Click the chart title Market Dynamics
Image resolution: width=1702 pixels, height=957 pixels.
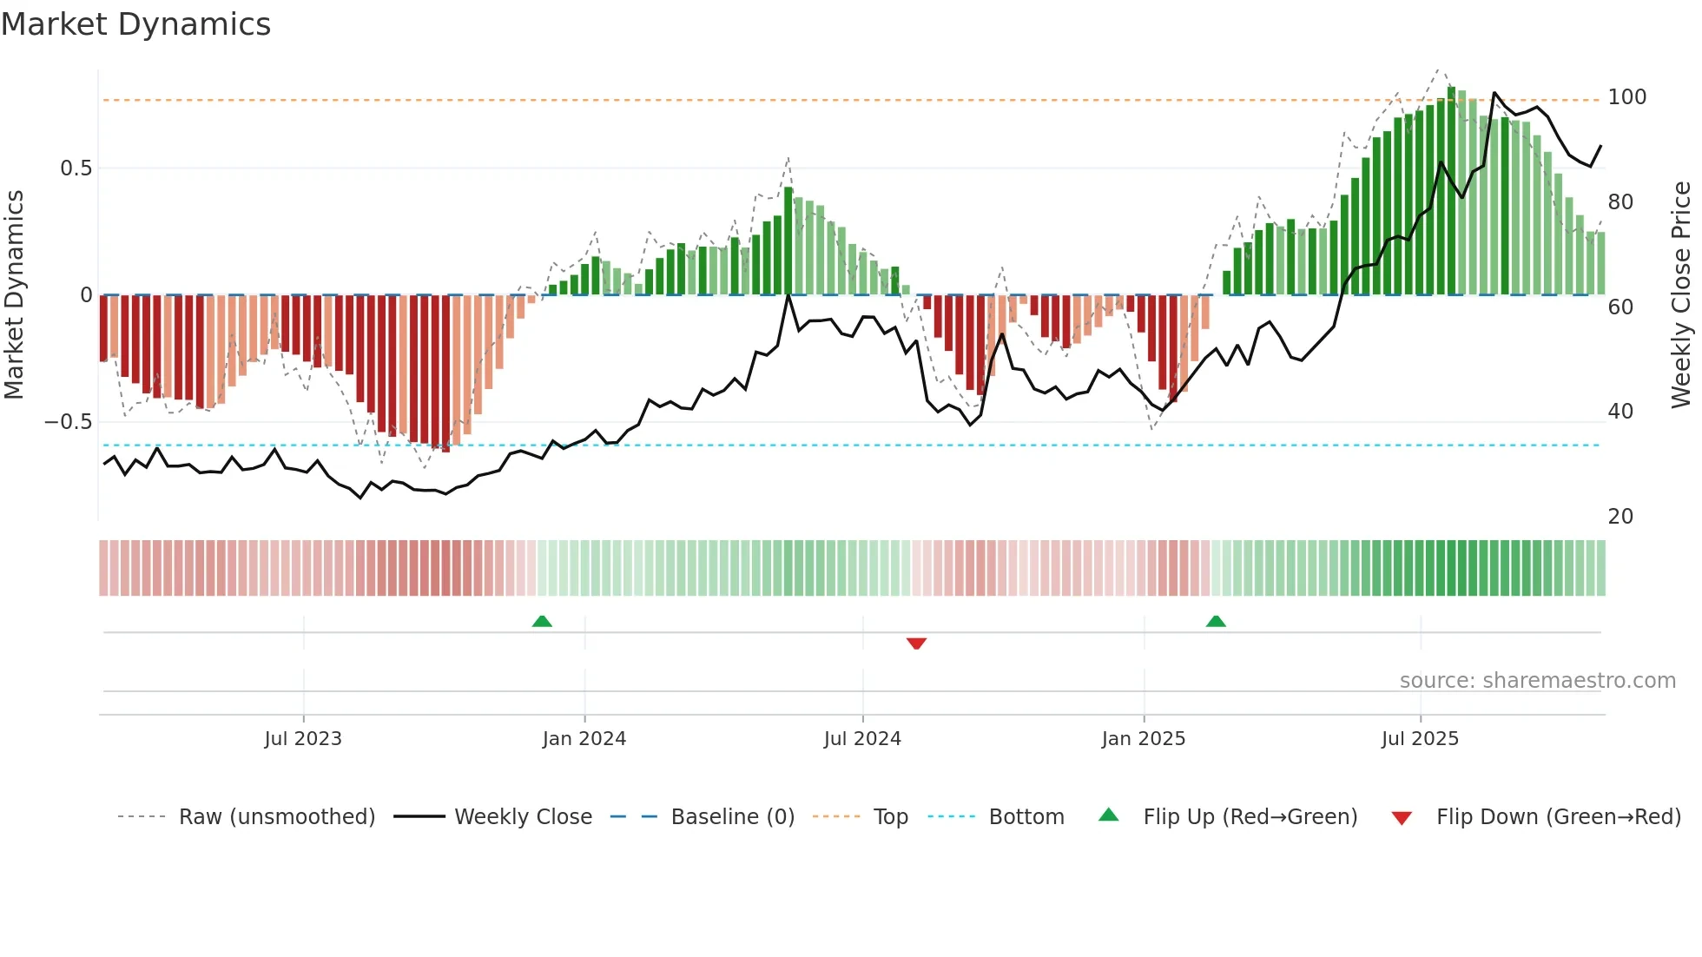(x=136, y=24)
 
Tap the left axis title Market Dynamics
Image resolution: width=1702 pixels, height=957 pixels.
(x=15, y=294)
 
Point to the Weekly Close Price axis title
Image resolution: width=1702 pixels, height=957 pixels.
(x=1681, y=294)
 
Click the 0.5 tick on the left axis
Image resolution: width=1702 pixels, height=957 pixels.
(x=76, y=168)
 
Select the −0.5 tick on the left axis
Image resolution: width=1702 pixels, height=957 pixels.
(x=69, y=422)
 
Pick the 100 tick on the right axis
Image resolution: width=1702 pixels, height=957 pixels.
(x=1626, y=97)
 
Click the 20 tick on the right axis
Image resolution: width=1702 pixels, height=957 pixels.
(x=1620, y=517)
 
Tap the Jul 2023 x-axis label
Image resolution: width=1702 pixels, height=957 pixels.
(x=303, y=739)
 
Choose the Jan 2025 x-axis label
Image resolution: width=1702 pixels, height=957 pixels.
(x=1143, y=739)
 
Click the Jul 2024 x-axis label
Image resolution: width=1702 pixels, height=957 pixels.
(x=862, y=739)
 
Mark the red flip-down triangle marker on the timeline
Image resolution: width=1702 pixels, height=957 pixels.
(x=916, y=643)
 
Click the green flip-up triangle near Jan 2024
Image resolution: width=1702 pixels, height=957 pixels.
(x=542, y=621)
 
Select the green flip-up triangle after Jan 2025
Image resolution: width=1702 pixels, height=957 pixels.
(x=1216, y=621)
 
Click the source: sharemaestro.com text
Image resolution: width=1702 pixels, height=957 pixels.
(x=1537, y=681)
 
